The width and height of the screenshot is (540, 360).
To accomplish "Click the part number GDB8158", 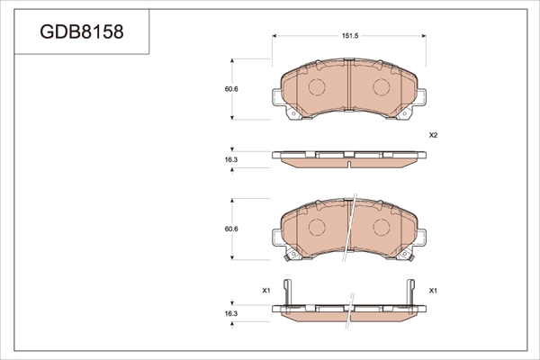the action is tap(82, 31).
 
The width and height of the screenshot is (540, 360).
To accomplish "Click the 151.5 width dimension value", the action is tap(350, 36).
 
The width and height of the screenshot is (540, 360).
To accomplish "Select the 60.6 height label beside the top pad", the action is tap(231, 89).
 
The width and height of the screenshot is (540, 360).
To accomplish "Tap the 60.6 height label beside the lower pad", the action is tap(231, 229).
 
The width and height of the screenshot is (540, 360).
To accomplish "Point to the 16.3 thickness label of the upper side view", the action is tap(231, 160).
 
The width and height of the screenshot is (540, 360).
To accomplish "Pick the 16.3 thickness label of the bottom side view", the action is tap(231, 314).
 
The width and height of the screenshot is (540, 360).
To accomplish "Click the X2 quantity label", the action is tap(433, 135).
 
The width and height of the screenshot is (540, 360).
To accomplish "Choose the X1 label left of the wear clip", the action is tap(266, 291).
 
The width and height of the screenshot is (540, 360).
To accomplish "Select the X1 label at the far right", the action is tap(433, 291).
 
